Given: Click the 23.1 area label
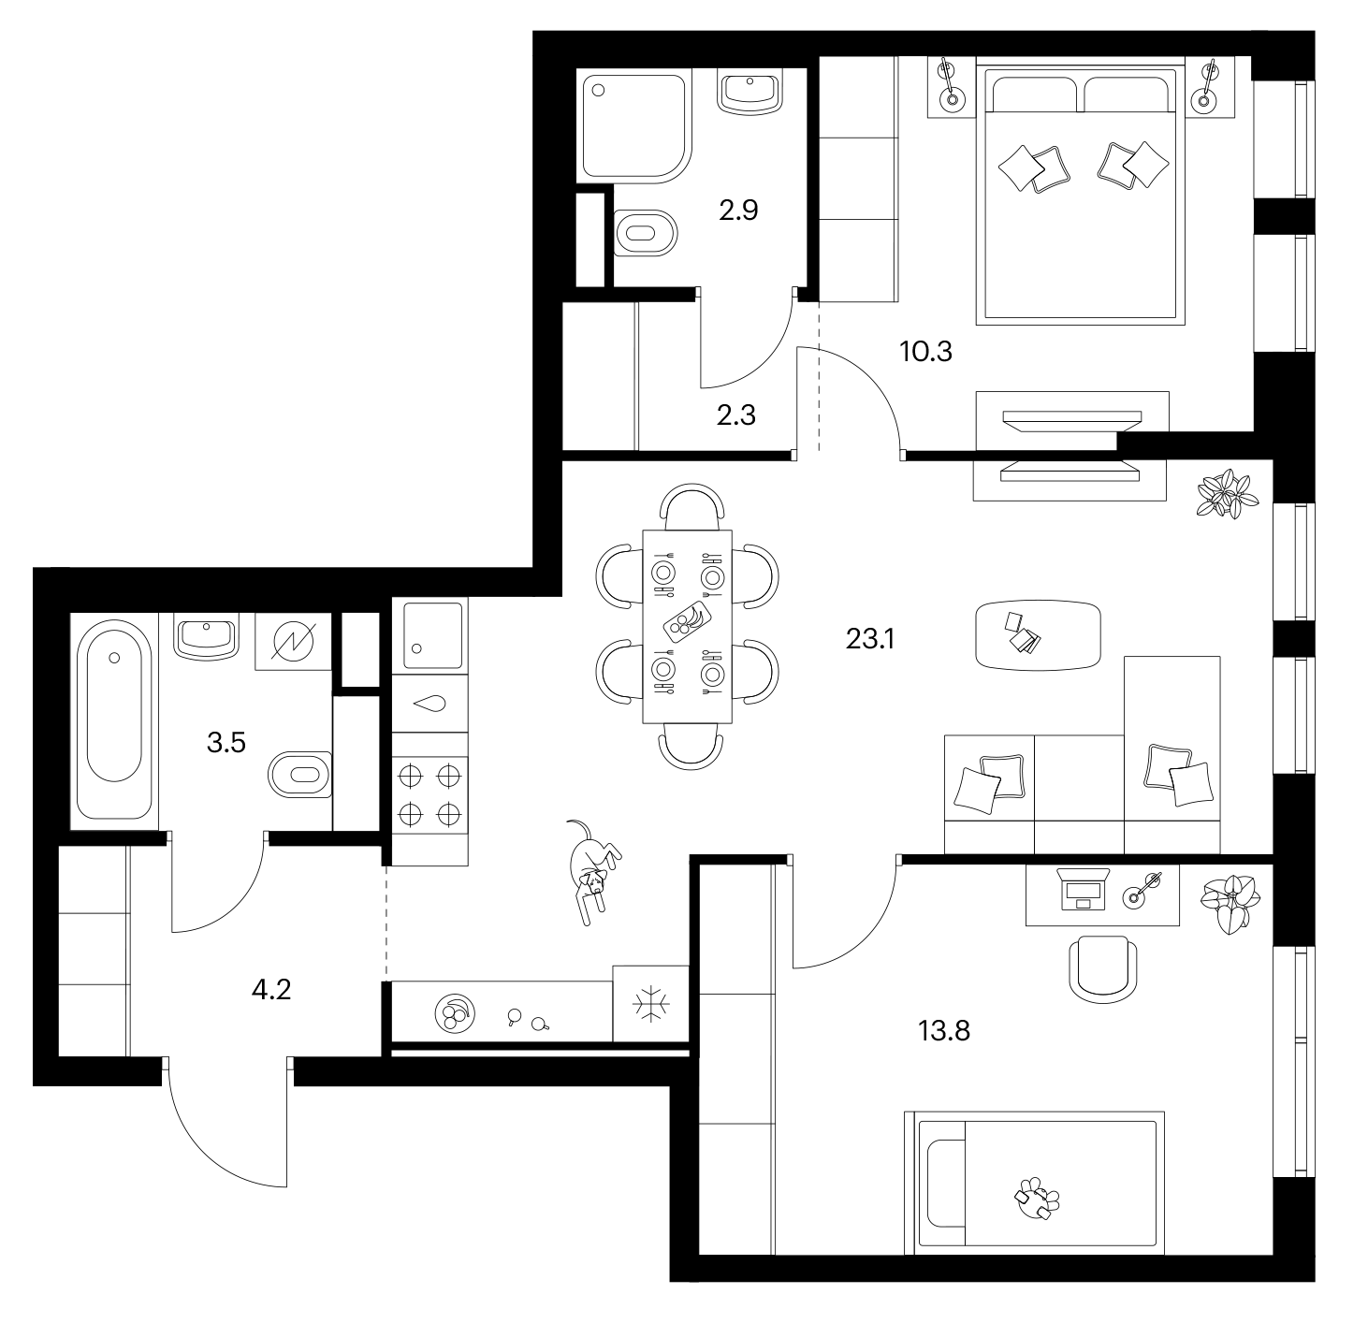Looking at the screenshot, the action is click(x=869, y=639).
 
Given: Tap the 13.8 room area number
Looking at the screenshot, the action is click(x=943, y=1030).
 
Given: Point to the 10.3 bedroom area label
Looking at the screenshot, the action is click(x=925, y=351).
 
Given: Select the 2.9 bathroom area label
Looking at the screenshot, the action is click(x=738, y=211).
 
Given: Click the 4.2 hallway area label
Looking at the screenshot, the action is click(x=271, y=989).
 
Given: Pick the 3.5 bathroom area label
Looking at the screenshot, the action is click(x=226, y=742).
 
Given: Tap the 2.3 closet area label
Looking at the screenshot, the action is click(x=736, y=415).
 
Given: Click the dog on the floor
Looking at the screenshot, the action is click(x=592, y=871).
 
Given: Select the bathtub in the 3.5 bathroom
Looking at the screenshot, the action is click(x=114, y=720).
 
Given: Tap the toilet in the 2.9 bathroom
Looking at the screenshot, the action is click(x=645, y=233).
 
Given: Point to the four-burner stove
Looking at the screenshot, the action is click(x=429, y=796).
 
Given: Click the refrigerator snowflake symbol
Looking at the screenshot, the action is click(x=651, y=1004).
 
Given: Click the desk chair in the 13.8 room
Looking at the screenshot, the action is click(x=1103, y=969).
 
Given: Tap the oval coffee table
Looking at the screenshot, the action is click(x=1039, y=634).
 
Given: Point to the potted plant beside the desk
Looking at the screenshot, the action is click(x=1230, y=904).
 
